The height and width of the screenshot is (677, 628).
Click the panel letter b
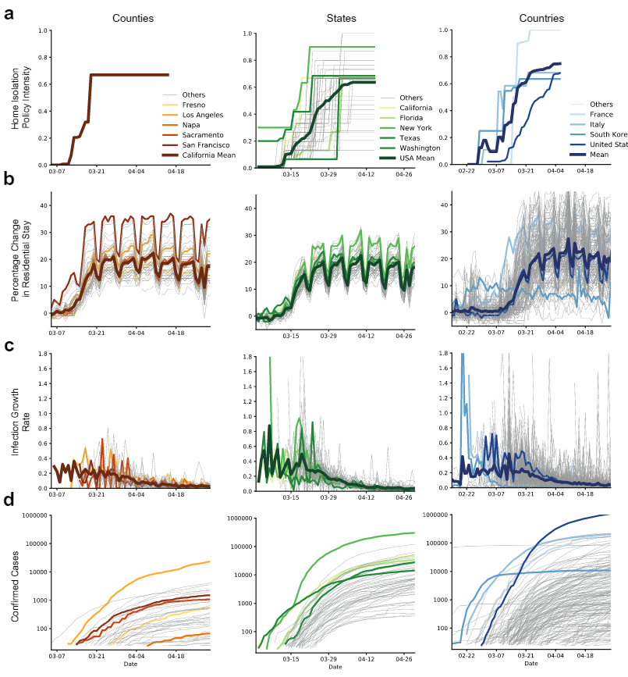click(x=9, y=179)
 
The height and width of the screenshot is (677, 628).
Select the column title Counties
click(x=133, y=17)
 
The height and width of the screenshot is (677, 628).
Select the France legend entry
click(x=602, y=113)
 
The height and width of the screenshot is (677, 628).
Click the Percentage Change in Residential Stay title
click(x=20, y=257)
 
